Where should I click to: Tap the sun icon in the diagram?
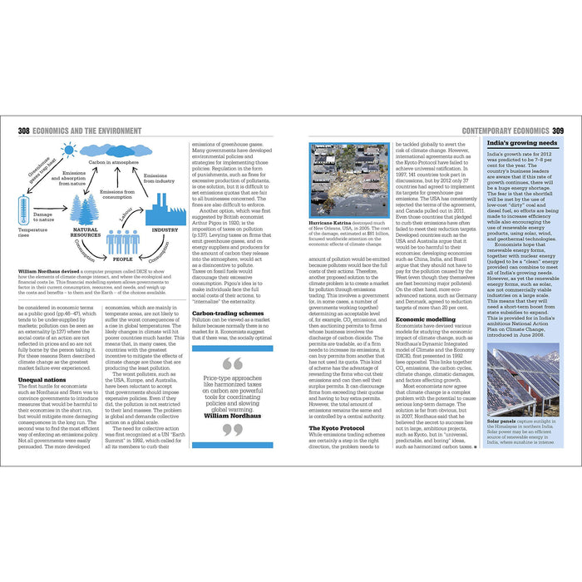[68, 150]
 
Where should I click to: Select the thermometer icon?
[24, 209]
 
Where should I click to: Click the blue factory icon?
[165, 212]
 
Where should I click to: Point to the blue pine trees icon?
[85, 206]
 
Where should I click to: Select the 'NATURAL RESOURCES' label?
[86, 232]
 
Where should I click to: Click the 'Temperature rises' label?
[32, 232]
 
